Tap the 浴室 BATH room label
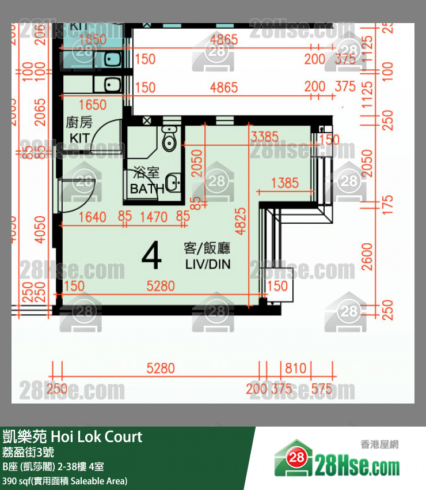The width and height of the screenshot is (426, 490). point(147,180)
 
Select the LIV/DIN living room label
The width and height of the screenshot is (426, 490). point(207,257)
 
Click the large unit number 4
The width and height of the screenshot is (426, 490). point(151,257)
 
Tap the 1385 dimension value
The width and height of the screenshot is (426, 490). point(284,183)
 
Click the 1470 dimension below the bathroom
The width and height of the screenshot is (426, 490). point(154,217)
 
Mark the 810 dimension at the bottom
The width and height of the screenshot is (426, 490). point(295,368)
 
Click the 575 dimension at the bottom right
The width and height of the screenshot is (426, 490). point(321,389)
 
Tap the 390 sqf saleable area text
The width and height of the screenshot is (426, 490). point(64,481)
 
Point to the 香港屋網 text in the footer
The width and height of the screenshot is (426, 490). point(379,444)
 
